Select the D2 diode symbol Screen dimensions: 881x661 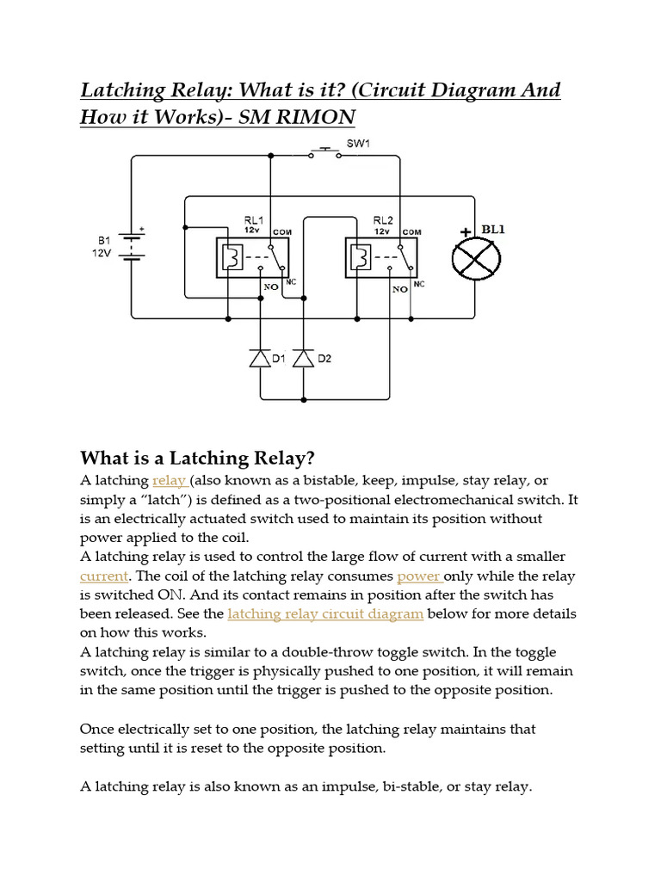tap(304, 358)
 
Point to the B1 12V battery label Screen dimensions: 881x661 tap(100, 247)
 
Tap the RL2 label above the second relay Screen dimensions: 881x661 tap(383, 220)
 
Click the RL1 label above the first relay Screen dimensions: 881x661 tap(254, 220)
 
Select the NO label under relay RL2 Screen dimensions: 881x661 tap(399, 290)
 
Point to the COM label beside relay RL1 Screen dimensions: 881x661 tap(282, 232)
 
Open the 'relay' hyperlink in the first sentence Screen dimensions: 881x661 tap(169, 480)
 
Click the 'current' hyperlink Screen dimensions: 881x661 tap(103, 576)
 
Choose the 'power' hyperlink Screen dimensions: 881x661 tap(418, 576)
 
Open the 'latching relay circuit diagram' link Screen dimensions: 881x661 tap(325, 613)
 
